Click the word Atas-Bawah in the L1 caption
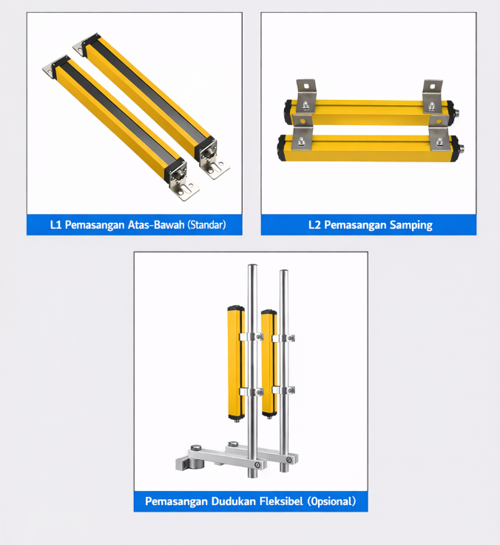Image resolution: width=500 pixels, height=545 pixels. (x=156, y=224)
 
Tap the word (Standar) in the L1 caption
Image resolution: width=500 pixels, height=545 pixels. (x=206, y=224)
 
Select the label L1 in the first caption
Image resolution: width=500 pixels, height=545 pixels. (x=55, y=224)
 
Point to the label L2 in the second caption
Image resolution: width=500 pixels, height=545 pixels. (x=314, y=224)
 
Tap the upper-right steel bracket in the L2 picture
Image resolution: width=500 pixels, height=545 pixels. (x=432, y=96)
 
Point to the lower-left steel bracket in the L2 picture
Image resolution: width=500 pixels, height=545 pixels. (x=303, y=131)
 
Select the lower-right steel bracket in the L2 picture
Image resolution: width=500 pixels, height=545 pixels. (x=439, y=133)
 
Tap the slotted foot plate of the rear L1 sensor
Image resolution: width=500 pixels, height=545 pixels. (x=215, y=168)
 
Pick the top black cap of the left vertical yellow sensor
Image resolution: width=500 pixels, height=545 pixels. (x=236, y=308)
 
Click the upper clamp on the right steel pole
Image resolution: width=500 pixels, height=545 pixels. (x=284, y=338)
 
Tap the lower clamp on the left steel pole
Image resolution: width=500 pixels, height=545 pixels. (x=251, y=392)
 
